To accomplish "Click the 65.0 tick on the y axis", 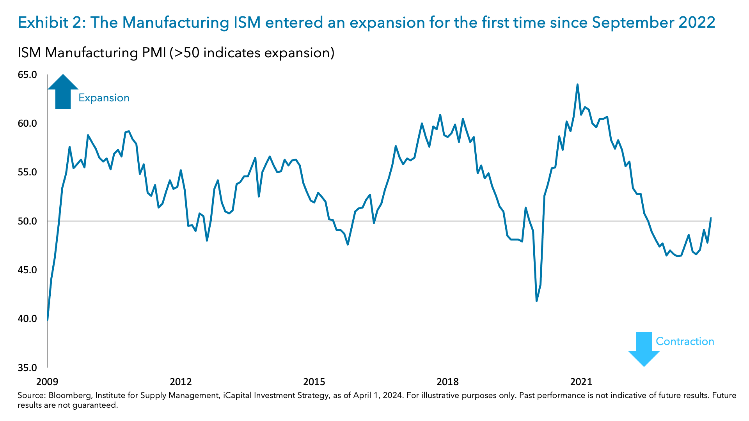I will (x=27, y=74).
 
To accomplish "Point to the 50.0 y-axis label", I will (x=27, y=221).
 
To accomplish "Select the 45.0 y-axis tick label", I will (x=27, y=270).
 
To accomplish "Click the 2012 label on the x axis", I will (x=181, y=382).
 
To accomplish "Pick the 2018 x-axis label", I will (x=447, y=382).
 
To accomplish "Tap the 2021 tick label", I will (x=581, y=382).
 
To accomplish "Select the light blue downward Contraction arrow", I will (x=644, y=349).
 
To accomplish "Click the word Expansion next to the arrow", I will (x=104, y=98).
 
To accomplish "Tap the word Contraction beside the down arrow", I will (x=685, y=341).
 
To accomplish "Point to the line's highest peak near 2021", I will (x=577, y=85).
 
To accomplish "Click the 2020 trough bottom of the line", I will (x=537, y=301).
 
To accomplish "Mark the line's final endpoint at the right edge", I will (x=711, y=218).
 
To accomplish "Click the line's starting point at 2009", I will (x=48, y=320).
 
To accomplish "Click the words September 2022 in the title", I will (x=653, y=23).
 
